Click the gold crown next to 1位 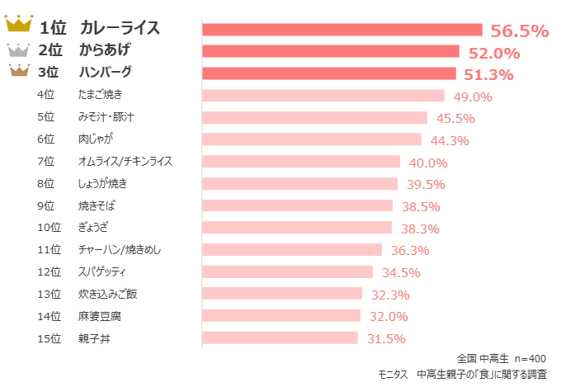tap(19, 22)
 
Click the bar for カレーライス tap(342, 30)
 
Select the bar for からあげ tap(331, 51)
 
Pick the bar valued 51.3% tap(328, 73)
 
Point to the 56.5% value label tap(519, 31)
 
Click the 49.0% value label tap(473, 97)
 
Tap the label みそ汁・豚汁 tap(106, 117)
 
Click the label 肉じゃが tap(96, 139)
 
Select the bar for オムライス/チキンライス tap(301, 162)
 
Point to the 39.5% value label tap(426, 184)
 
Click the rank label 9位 tap(46, 205)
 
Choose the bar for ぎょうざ tap(297, 228)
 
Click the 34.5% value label tap(401, 272)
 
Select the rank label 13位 tap(49, 294)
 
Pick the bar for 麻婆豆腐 tap(281, 315)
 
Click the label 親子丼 tap(94, 338)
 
